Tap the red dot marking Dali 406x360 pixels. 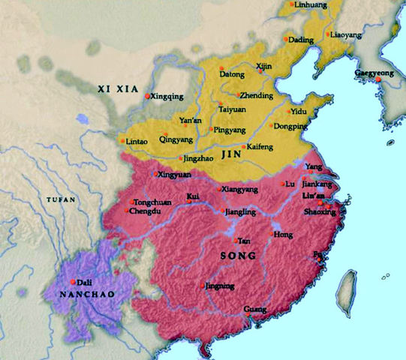pos(73,281)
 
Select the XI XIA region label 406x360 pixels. pos(119,88)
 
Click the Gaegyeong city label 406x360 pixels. pos(374,73)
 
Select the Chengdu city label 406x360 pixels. pos(146,212)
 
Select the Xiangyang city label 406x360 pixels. pos(239,190)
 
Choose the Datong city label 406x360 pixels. pos(232,75)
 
